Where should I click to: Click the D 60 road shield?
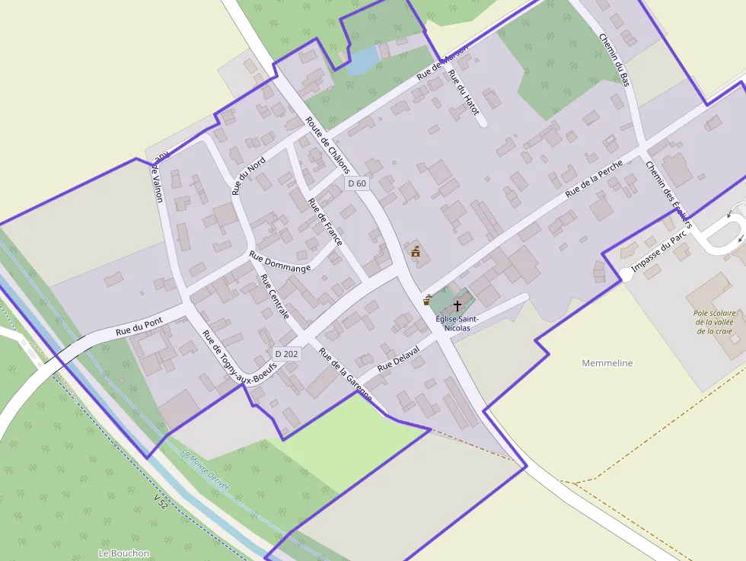point(357,183)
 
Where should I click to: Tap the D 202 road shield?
point(287,354)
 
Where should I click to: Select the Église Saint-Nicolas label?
point(457,324)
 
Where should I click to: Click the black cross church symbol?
point(457,305)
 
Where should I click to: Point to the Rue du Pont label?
point(139,327)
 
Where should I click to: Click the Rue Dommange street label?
point(279,260)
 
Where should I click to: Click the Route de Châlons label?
point(327,145)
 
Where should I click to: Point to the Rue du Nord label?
point(249,176)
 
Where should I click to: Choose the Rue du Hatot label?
point(464,93)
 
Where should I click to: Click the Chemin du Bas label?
point(614,59)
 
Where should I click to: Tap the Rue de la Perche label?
point(594,180)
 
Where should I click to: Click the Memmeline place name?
point(607,363)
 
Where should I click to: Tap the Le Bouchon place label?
point(124,553)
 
